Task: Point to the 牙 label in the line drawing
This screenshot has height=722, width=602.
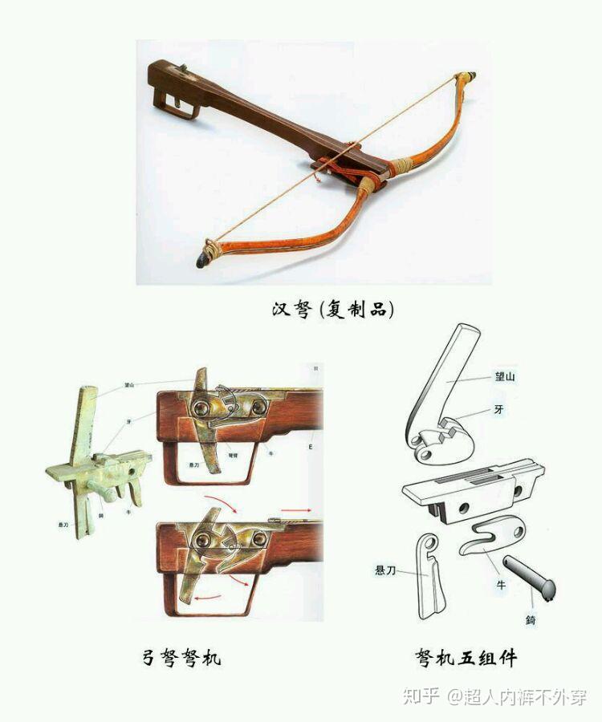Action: (498, 411)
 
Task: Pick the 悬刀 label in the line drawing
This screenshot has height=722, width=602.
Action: (386, 570)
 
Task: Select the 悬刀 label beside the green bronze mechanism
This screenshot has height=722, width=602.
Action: (63, 523)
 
